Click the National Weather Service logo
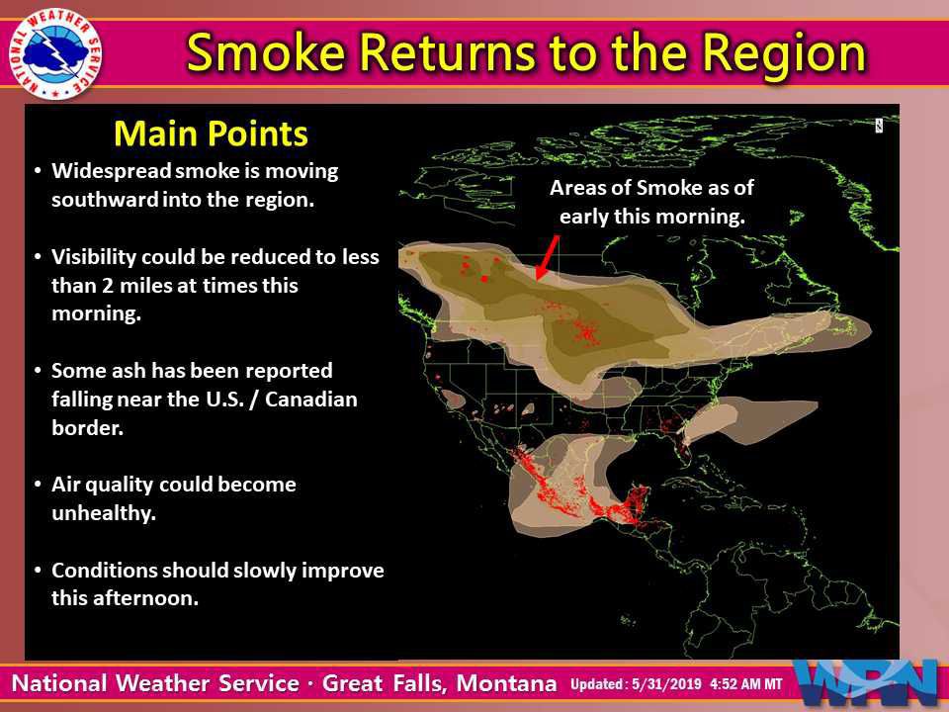(55, 53)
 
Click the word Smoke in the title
(265, 52)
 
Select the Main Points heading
(211, 133)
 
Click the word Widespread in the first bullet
(112, 171)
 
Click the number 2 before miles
(108, 285)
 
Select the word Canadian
(311, 400)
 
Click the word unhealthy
(104, 513)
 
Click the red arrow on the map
(547, 259)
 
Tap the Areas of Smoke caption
(651, 202)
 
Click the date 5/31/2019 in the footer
(666, 684)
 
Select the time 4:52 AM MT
(745, 684)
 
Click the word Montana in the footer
(506, 683)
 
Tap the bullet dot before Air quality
(38, 485)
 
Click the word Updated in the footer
(595, 685)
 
